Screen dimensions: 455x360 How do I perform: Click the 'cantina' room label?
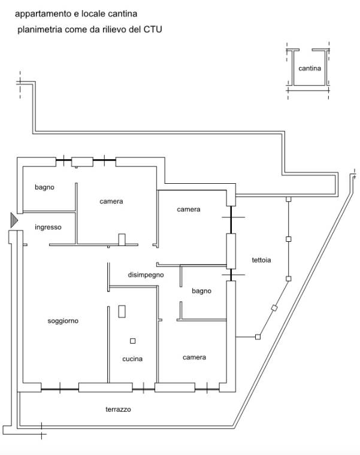coord(310,68)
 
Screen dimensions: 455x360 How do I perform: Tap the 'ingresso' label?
coord(48,227)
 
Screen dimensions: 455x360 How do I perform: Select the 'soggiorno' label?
coord(63,321)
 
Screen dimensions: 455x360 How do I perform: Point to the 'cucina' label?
coord(132,359)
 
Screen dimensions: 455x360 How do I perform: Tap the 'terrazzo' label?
coord(118,409)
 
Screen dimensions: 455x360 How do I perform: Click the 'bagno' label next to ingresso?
coord(44,187)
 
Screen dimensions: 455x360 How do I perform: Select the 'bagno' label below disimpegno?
coord(201,291)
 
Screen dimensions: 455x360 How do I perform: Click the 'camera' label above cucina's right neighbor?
coord(194,357)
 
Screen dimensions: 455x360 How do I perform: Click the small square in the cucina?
coord(132,341)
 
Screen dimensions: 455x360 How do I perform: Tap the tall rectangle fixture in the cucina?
coord(122,311)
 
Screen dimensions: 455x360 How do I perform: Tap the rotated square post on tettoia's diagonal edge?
coord(274,308)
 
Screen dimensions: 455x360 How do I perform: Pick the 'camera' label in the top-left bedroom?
coord(111,201)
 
